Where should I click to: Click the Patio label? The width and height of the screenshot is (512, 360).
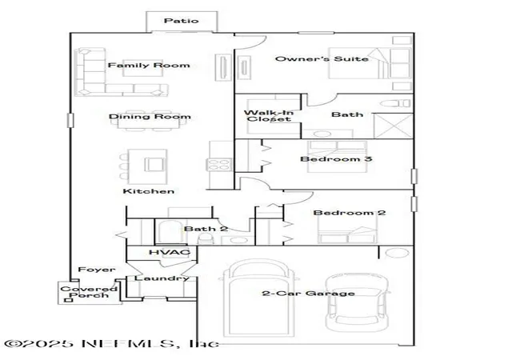(182, 21)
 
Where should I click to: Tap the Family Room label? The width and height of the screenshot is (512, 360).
(149, 66)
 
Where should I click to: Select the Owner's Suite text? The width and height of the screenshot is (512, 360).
(322, 59)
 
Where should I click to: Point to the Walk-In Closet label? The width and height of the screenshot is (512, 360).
(269, 116)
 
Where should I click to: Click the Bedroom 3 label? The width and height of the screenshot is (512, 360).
(336, 159)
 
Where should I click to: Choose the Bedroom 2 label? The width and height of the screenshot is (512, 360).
(350, 213)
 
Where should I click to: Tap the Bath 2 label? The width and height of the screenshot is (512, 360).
(206, 229)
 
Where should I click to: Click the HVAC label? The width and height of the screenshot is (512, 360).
(170, 252)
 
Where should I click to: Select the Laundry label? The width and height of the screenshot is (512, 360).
(162, 278)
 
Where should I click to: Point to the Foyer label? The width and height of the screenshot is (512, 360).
(97, 270)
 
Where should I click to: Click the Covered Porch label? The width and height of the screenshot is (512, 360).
(89, 292)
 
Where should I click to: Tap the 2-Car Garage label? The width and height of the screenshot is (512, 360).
(308, 294)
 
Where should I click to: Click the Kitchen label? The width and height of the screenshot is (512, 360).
(149, 191)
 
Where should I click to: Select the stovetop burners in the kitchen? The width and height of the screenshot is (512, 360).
(219, 164)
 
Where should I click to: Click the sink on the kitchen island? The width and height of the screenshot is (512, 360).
(155, 164)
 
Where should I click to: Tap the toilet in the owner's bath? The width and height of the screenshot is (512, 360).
(395, 103)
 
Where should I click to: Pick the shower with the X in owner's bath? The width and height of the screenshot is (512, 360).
(394, 126)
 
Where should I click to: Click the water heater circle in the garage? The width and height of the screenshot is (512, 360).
(397, 253)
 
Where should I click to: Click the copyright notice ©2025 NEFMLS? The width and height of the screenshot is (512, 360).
(112, 344)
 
